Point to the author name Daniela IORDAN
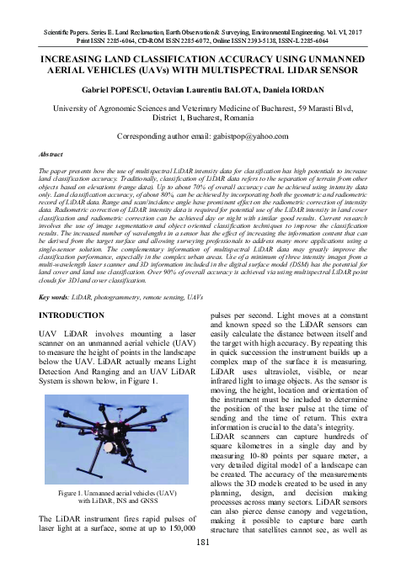[275, 88]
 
